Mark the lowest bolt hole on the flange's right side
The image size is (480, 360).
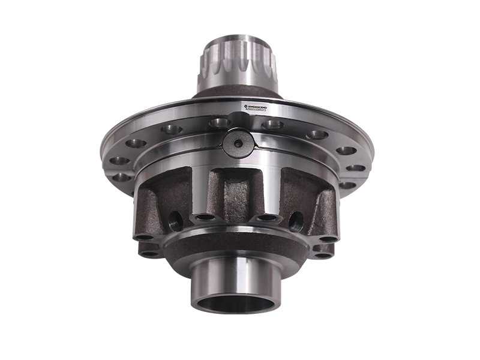coord(347,185)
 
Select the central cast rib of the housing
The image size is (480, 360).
coord(235,192)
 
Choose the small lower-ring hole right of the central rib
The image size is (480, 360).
coord(264,218)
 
